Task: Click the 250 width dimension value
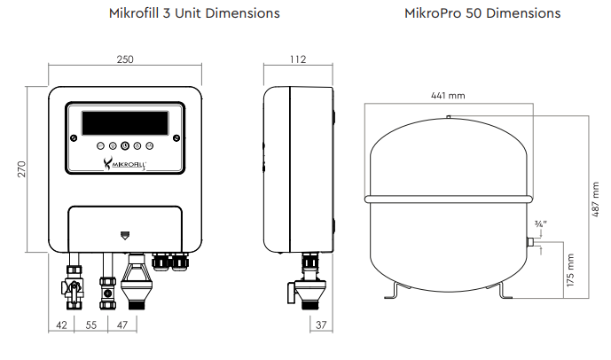(x=125, y=59)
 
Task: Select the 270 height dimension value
(x=21, y=169)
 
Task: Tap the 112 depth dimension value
(x=298, y=59)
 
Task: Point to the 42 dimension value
(x=61, y=325)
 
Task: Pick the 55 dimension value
(x=91, y=325)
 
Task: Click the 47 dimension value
(x=122, y=325)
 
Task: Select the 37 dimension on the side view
(x=321, y=325)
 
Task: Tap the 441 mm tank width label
(x=448, y=96)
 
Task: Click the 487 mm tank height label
(x=595, y=200)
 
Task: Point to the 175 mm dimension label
(x=570, y=270)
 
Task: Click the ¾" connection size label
(x=540, y=224)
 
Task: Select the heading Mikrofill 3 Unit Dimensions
(x=194, y=13)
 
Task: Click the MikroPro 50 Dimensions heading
(x=482, y=13)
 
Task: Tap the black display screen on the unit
(x=125, y=123)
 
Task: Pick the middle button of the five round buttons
(x=125, y=145)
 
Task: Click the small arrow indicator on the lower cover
(x=125, y=236)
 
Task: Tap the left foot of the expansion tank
(x=395, y=291)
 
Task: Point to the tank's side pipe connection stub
(x=530, y=242)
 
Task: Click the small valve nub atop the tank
(x=449, y=116)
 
